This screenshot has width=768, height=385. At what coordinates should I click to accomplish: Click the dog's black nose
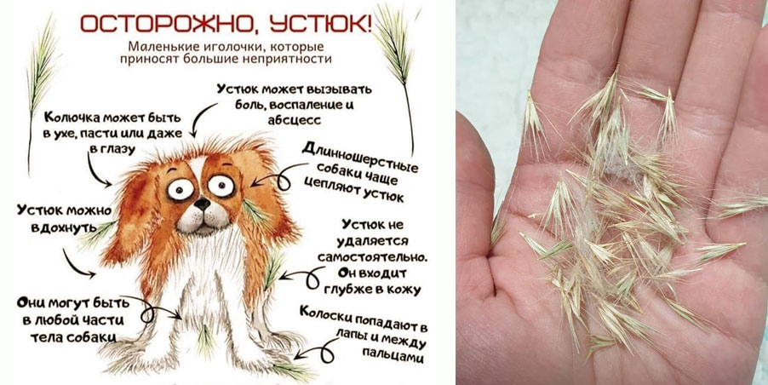[x=201, y=203]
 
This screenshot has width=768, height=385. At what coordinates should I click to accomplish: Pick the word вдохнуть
[x=60, y=228]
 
